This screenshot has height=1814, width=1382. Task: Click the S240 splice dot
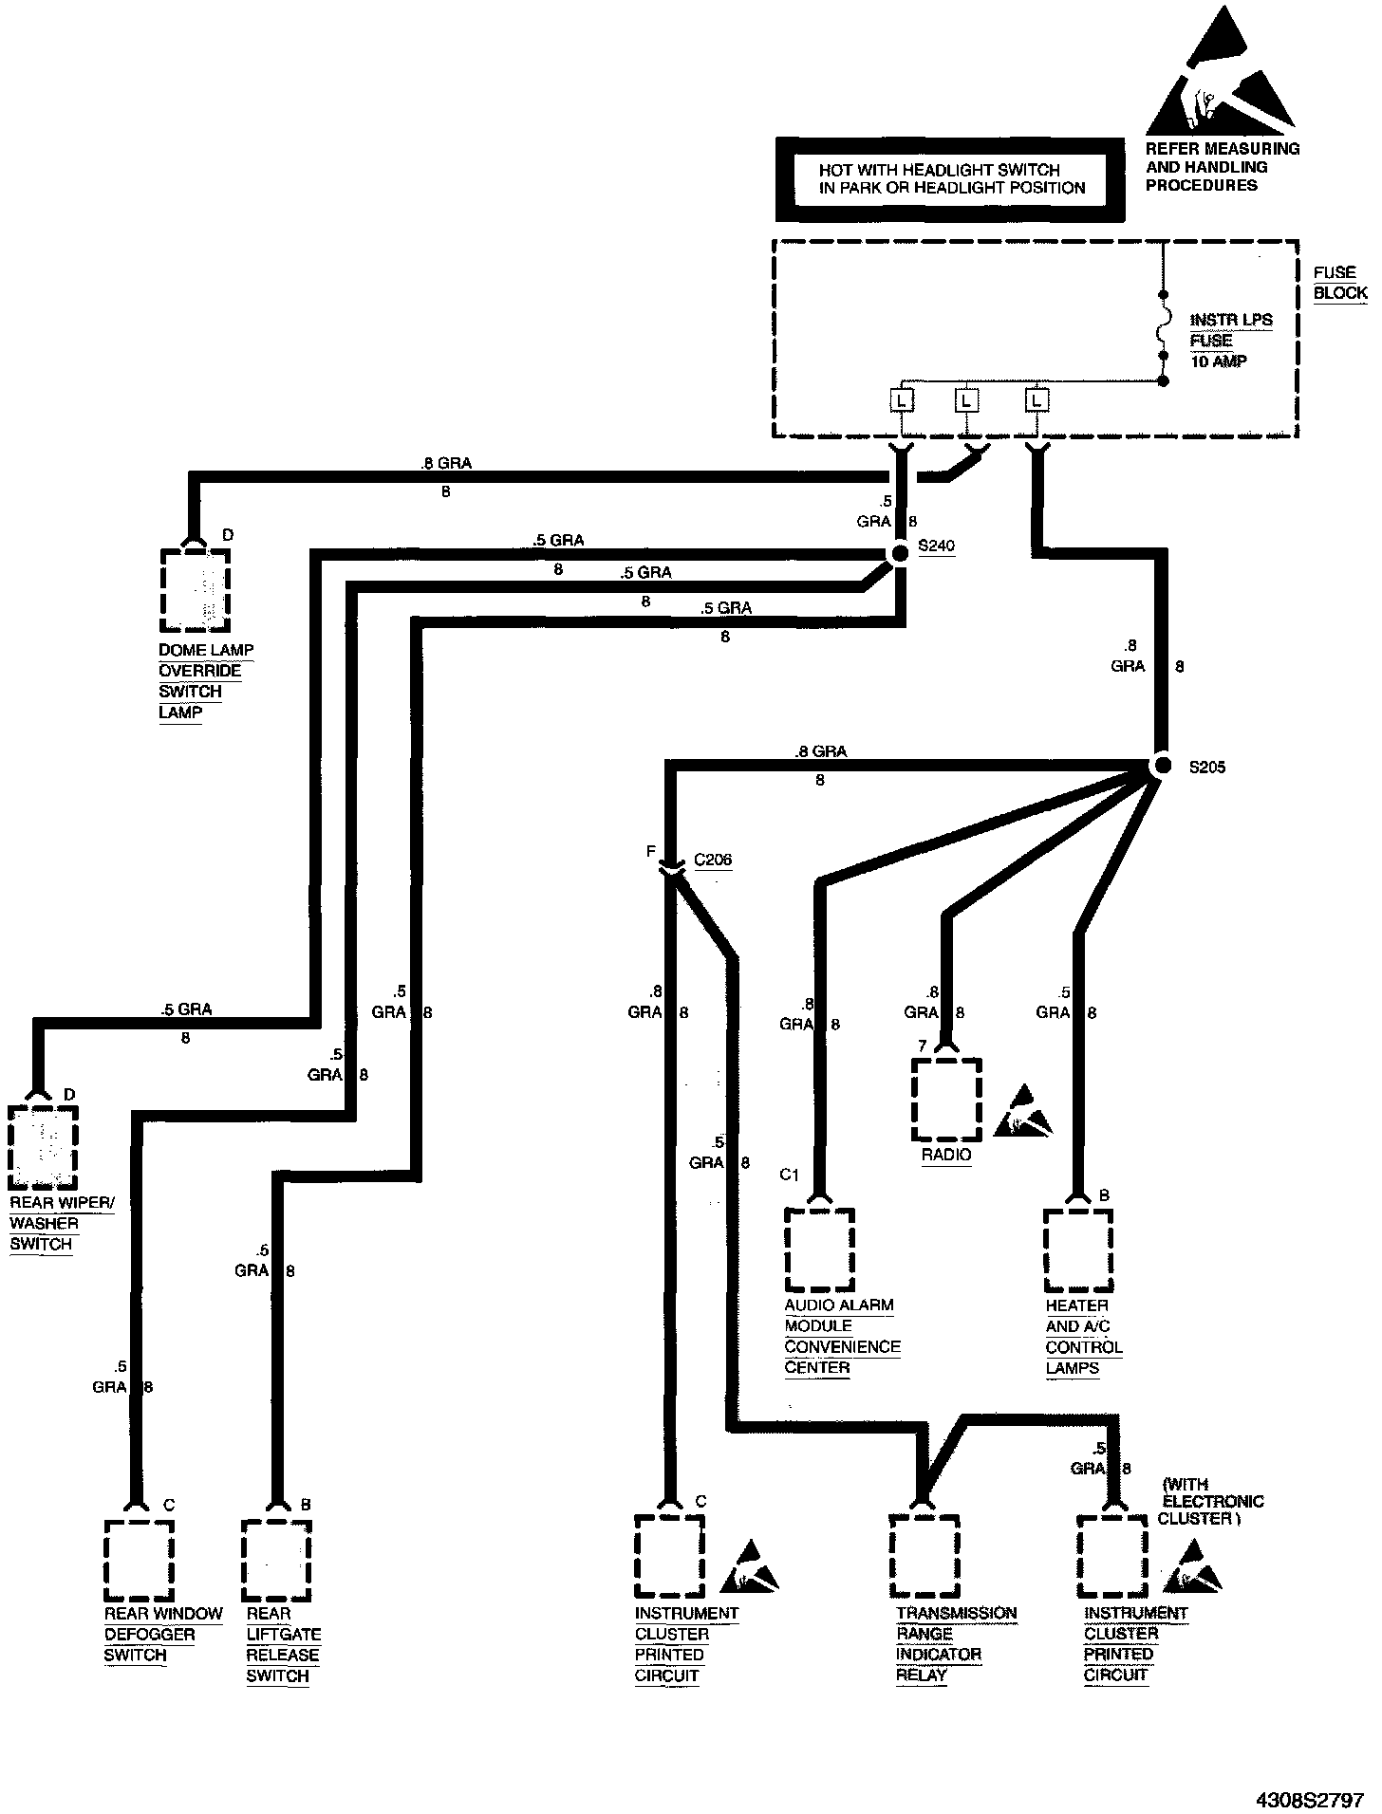coord(899,553)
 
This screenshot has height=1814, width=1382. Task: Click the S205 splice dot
coord(1161,766)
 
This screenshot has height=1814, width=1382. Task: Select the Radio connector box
coord(946,1099)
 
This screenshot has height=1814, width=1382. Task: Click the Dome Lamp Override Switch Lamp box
coord(196,588)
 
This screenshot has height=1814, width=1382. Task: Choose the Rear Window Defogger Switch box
coord(139,1560)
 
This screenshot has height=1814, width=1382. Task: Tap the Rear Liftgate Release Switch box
coord(276,1561)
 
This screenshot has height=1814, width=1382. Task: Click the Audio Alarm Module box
coord(820,1249)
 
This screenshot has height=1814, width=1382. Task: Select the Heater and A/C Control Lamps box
coord(1079,1249)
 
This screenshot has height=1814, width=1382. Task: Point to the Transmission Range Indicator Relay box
coord(924,1557)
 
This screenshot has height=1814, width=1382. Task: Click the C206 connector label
coord(713,861)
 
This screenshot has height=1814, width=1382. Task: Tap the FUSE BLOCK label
coord(1339,283)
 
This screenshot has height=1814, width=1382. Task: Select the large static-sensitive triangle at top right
coord(1221,76)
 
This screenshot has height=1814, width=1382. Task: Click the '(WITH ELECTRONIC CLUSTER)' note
coord(1211,1501)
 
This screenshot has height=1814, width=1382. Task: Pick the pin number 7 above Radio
coord(922,1046)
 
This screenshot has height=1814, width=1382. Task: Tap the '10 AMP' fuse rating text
coord(1219,361)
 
